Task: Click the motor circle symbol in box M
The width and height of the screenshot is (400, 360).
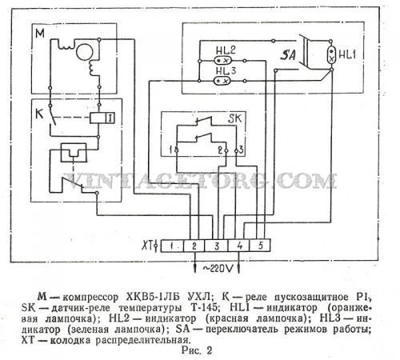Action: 85,52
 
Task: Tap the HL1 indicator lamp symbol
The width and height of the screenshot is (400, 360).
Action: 331,54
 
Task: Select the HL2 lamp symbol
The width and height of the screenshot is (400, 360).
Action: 222,61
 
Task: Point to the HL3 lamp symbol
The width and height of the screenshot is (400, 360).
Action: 222,81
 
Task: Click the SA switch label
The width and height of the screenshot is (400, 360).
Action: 288,55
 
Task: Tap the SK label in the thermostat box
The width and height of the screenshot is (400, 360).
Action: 234,118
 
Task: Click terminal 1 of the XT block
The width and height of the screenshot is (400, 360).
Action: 172,246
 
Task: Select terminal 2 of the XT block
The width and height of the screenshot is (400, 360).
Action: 194,246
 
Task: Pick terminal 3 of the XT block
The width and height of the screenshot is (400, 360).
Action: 217,246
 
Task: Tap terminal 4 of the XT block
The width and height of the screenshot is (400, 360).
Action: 239,246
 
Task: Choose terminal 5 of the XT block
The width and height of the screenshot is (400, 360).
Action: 260,246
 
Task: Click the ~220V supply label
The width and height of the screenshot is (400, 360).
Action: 218,269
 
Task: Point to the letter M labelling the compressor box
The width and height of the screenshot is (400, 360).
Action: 40,34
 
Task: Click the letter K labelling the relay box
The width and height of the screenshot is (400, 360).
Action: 39,114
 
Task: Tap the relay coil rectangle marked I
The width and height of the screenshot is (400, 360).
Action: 102,118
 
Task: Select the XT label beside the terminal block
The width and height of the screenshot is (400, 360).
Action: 146,246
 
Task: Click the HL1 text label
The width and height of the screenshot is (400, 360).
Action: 347,55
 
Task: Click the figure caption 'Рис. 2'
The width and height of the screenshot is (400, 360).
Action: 197,350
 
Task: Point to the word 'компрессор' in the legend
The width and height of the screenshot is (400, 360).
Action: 90,298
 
